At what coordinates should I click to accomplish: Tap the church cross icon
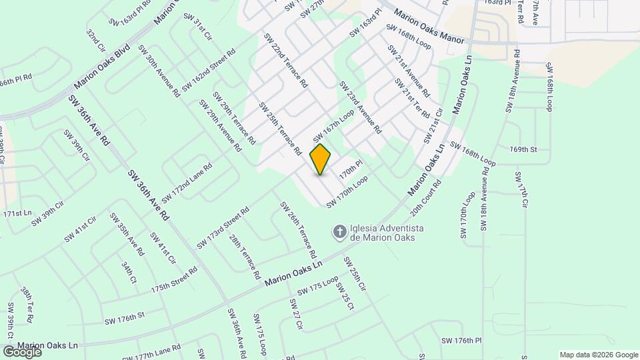tap(339, 232)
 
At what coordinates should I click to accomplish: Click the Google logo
tap(22, 351)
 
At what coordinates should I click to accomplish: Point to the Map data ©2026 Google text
tap(598, 355)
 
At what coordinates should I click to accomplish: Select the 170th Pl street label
tap(351, 167)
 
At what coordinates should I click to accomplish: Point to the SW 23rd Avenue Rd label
tap(360, 108)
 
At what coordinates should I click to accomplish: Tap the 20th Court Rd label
tap(426, 197)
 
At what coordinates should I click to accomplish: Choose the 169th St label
tap(523, 149)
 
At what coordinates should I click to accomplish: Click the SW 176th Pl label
tap(461, 340)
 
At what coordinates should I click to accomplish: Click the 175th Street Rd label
tap(174, 280)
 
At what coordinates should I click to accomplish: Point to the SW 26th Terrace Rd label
tap(298, 230)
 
